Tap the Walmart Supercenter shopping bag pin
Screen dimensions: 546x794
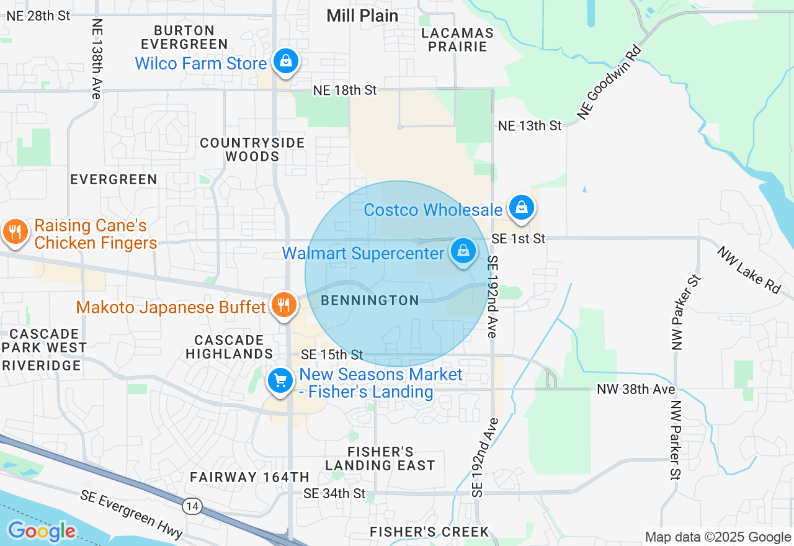coord(463,251)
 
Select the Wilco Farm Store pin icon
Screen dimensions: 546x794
coord(285,61)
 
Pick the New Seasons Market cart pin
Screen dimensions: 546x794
coord(280,380)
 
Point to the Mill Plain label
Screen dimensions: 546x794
coord(362,16)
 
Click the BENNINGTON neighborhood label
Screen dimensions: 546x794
coord(370,301)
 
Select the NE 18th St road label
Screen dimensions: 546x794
coord(345,91)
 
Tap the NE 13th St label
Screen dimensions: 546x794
coord(530,126)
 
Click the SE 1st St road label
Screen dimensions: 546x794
coord(519,238)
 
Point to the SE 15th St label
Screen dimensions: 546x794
coord(332,355)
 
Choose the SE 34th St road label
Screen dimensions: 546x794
coord(335,493)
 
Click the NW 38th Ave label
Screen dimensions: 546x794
coord(636,390)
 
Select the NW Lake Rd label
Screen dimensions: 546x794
coord(749,271)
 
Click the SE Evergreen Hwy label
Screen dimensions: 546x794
coord(132,514)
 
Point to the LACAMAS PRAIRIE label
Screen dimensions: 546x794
coord(457,40)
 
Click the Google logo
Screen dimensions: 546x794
coord(41,531)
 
